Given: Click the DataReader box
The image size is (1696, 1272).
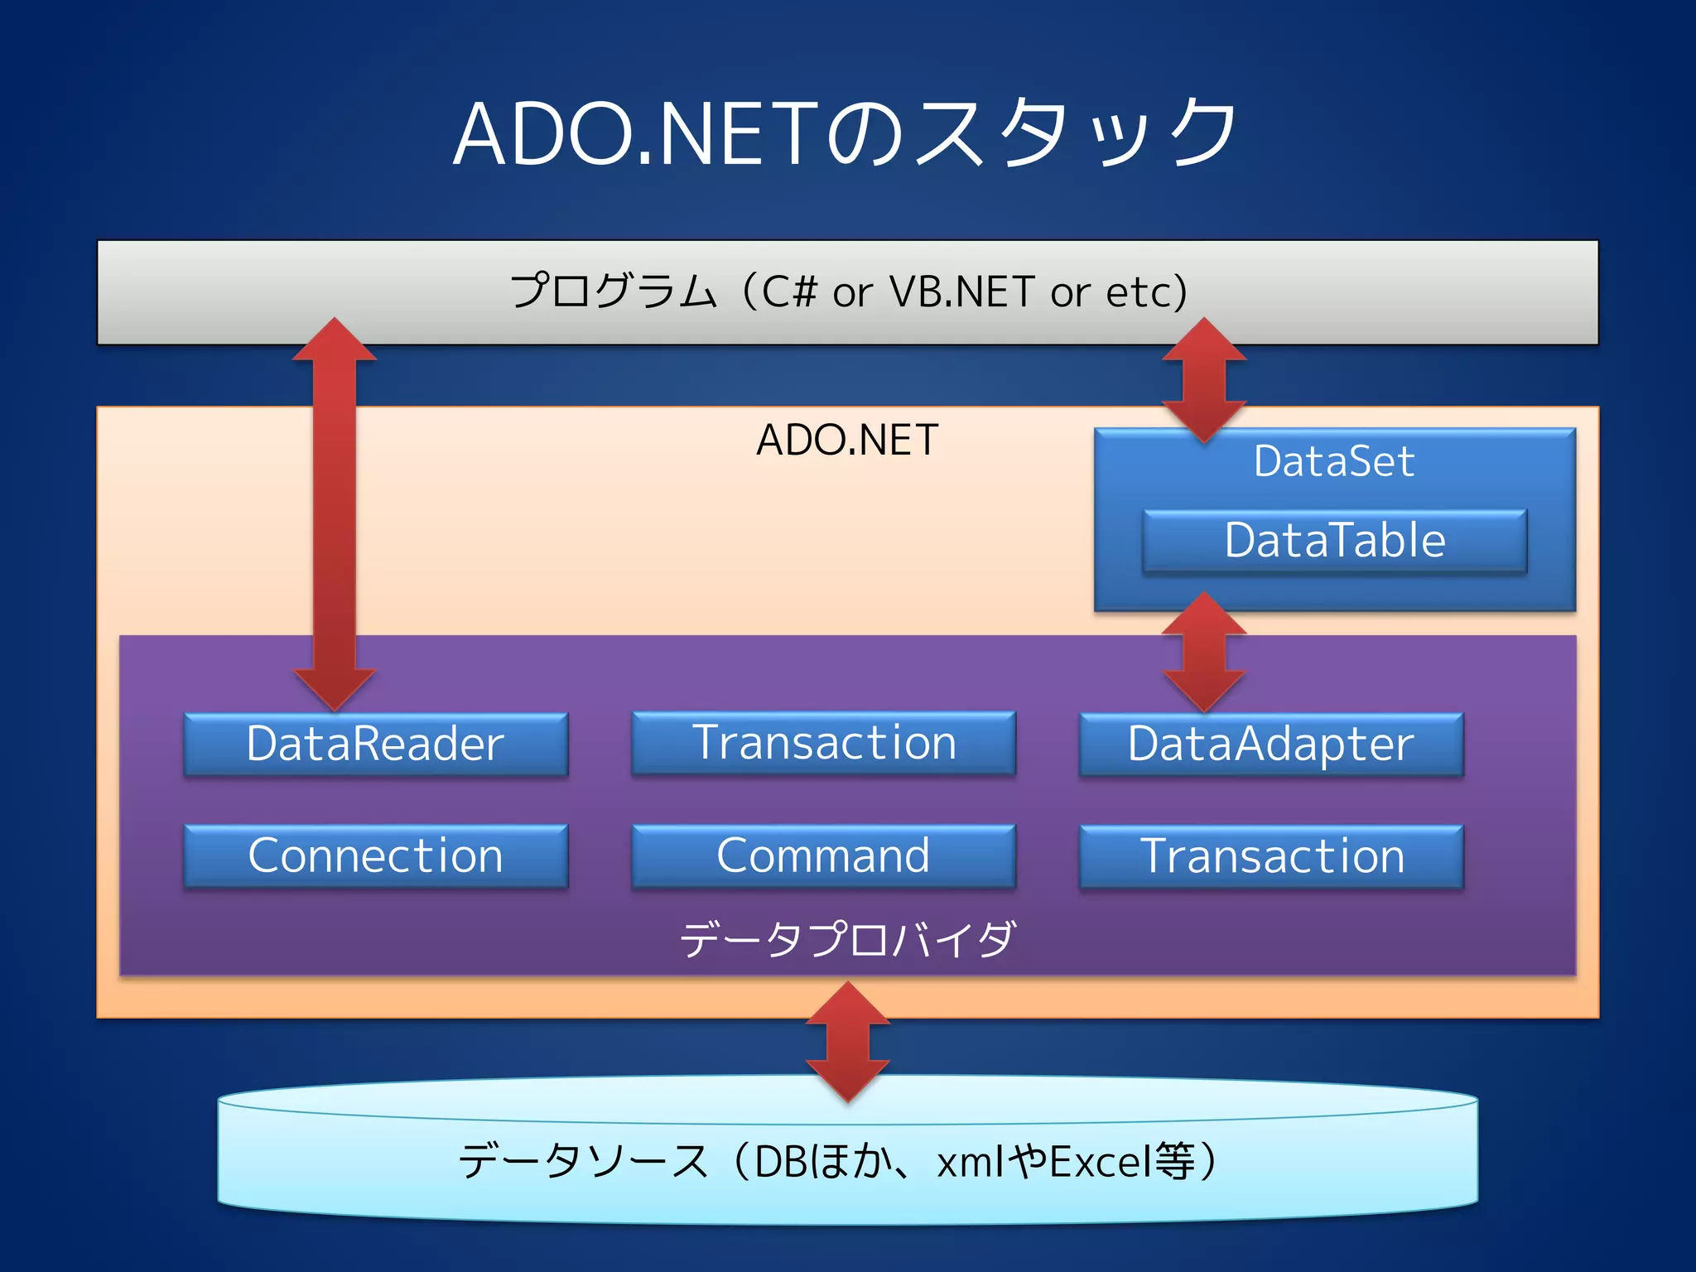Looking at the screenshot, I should coord(376,744).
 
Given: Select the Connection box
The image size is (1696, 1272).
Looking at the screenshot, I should coord(376,855).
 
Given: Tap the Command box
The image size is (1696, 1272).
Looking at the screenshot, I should coord(823,855).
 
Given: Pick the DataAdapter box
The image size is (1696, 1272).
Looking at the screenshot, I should coord(1271,744).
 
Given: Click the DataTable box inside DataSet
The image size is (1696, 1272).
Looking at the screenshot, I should coord(1334,541).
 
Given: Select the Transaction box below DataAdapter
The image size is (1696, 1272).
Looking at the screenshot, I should coord(1271,856).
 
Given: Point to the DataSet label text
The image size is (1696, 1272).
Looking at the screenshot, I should coord(1334,461).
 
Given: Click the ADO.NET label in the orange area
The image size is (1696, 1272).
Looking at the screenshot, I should coord(846,440).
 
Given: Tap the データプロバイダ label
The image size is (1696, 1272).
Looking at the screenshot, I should coord(846,940).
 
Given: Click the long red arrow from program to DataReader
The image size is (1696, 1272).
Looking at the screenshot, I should coord(335,513).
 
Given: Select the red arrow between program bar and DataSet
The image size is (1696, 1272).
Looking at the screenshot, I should coord(1204,381).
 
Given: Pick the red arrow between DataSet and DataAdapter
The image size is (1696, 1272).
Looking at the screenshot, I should coord(1204,652).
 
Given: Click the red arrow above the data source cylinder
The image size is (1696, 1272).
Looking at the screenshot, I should coord(848,1043).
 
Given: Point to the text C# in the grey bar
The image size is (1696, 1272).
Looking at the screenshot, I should coord(788,291).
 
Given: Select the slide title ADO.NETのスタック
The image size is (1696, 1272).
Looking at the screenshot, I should coord(846,132).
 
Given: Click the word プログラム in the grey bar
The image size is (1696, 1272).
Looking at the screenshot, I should coord(613,291).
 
